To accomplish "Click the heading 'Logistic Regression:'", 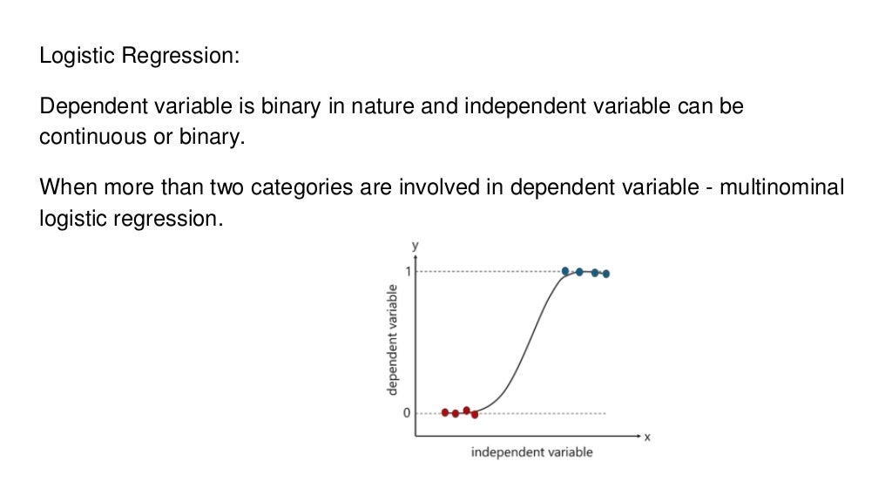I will pos(139,57).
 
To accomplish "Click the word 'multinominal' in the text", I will pos(781,188).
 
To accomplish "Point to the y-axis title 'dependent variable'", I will pos(393,342).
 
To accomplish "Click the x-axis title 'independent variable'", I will pos(531,452).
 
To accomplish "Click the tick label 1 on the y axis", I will pos(406,271).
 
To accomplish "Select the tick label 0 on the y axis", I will pos(406,413).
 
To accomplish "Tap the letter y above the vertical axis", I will pos(416,245).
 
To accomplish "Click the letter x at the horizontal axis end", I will pos(647,437).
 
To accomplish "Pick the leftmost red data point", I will pos(445,412).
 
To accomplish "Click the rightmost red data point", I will pos(475,414).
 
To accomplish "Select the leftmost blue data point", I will pos(565,271).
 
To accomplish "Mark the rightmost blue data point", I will pos(606,274).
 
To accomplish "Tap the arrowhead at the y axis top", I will pos(416,256).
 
